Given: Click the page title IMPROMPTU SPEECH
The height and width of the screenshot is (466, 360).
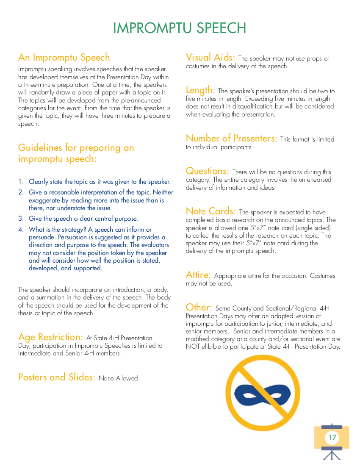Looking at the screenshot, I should [180, 28].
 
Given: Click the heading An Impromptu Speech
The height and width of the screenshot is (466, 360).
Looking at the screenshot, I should [64, 58].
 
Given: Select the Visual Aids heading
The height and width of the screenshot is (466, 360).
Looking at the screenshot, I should [210, 58].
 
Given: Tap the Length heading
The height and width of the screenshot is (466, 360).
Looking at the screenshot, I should [200, 90].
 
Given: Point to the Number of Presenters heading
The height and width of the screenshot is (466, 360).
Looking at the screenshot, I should [231, 139].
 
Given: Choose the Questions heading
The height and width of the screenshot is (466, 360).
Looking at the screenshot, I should [207, 171].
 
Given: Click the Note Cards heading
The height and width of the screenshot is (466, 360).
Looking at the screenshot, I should [210, 211].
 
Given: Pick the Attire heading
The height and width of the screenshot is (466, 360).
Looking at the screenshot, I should [198, 275].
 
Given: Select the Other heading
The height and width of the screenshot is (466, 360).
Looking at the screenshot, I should [199, 307].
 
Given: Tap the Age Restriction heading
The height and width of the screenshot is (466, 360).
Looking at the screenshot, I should [50, 337].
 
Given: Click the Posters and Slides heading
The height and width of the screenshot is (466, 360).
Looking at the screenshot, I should [56, 377].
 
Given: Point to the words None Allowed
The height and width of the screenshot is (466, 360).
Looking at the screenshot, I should [119, 378].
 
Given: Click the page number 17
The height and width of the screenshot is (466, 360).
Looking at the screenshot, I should [332, 437].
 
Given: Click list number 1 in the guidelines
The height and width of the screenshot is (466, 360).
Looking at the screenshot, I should [20, 182].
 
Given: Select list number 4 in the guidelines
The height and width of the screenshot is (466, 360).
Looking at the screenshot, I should [20, 230].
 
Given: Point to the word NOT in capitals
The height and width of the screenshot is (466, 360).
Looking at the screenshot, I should [193, 347].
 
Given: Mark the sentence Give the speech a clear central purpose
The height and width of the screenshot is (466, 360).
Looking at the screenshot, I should [83, 219].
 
